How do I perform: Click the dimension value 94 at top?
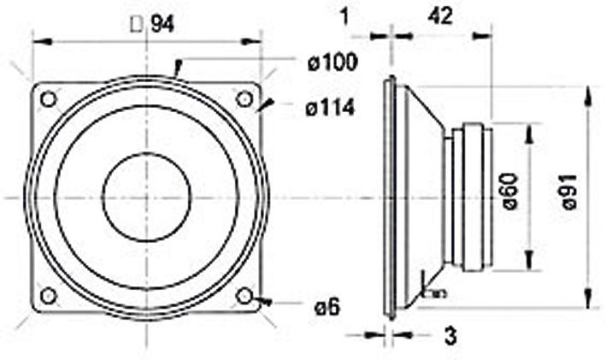(162, 25)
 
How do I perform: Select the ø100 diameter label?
(333, 62)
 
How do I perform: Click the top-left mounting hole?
(49, 99)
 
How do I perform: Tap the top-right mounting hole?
(244, 99)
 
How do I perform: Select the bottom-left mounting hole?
(49, 295)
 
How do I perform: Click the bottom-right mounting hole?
(244, 295)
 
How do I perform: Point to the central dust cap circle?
(146, 197)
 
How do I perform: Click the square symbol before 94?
(136, 25)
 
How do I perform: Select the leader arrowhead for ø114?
(267, 105)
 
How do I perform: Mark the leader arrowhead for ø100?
(177, 68)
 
